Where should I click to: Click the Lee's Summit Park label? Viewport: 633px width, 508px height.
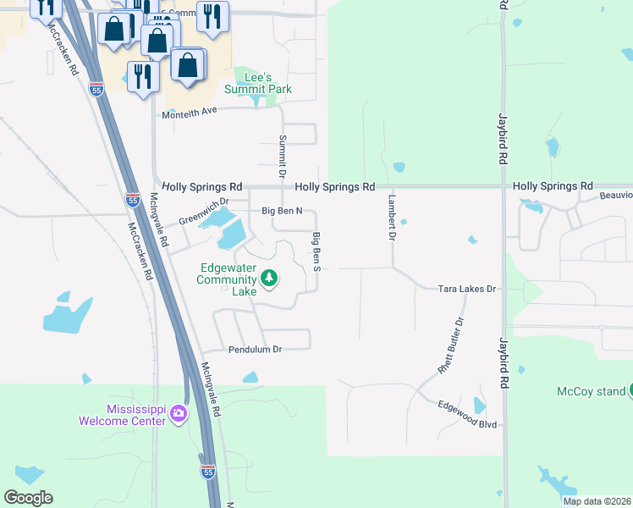[x=258, y=83]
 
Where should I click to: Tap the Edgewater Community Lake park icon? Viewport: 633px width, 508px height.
[x=269, y=278]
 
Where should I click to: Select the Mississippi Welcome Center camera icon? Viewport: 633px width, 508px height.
[x=178, y=413]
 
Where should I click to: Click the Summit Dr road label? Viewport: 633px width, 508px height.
[x=283, y=149]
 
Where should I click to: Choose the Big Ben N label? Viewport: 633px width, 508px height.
[x=282, y=210]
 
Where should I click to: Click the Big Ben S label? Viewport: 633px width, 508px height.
[x=316, y=251]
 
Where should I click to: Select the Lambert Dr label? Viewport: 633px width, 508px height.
[x=392, y=218]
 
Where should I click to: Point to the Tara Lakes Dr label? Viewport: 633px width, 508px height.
[x=466, y=289]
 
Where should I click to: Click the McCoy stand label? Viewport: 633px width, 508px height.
[x=591, y=391]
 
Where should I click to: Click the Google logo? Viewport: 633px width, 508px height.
[x=28, y=498]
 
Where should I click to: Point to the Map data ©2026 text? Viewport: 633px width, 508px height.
[x=597, y=501]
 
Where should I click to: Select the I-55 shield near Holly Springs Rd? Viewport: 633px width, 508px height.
[x=133, y=200]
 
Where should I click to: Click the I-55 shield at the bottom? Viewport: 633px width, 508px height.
[x=208, y=472]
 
